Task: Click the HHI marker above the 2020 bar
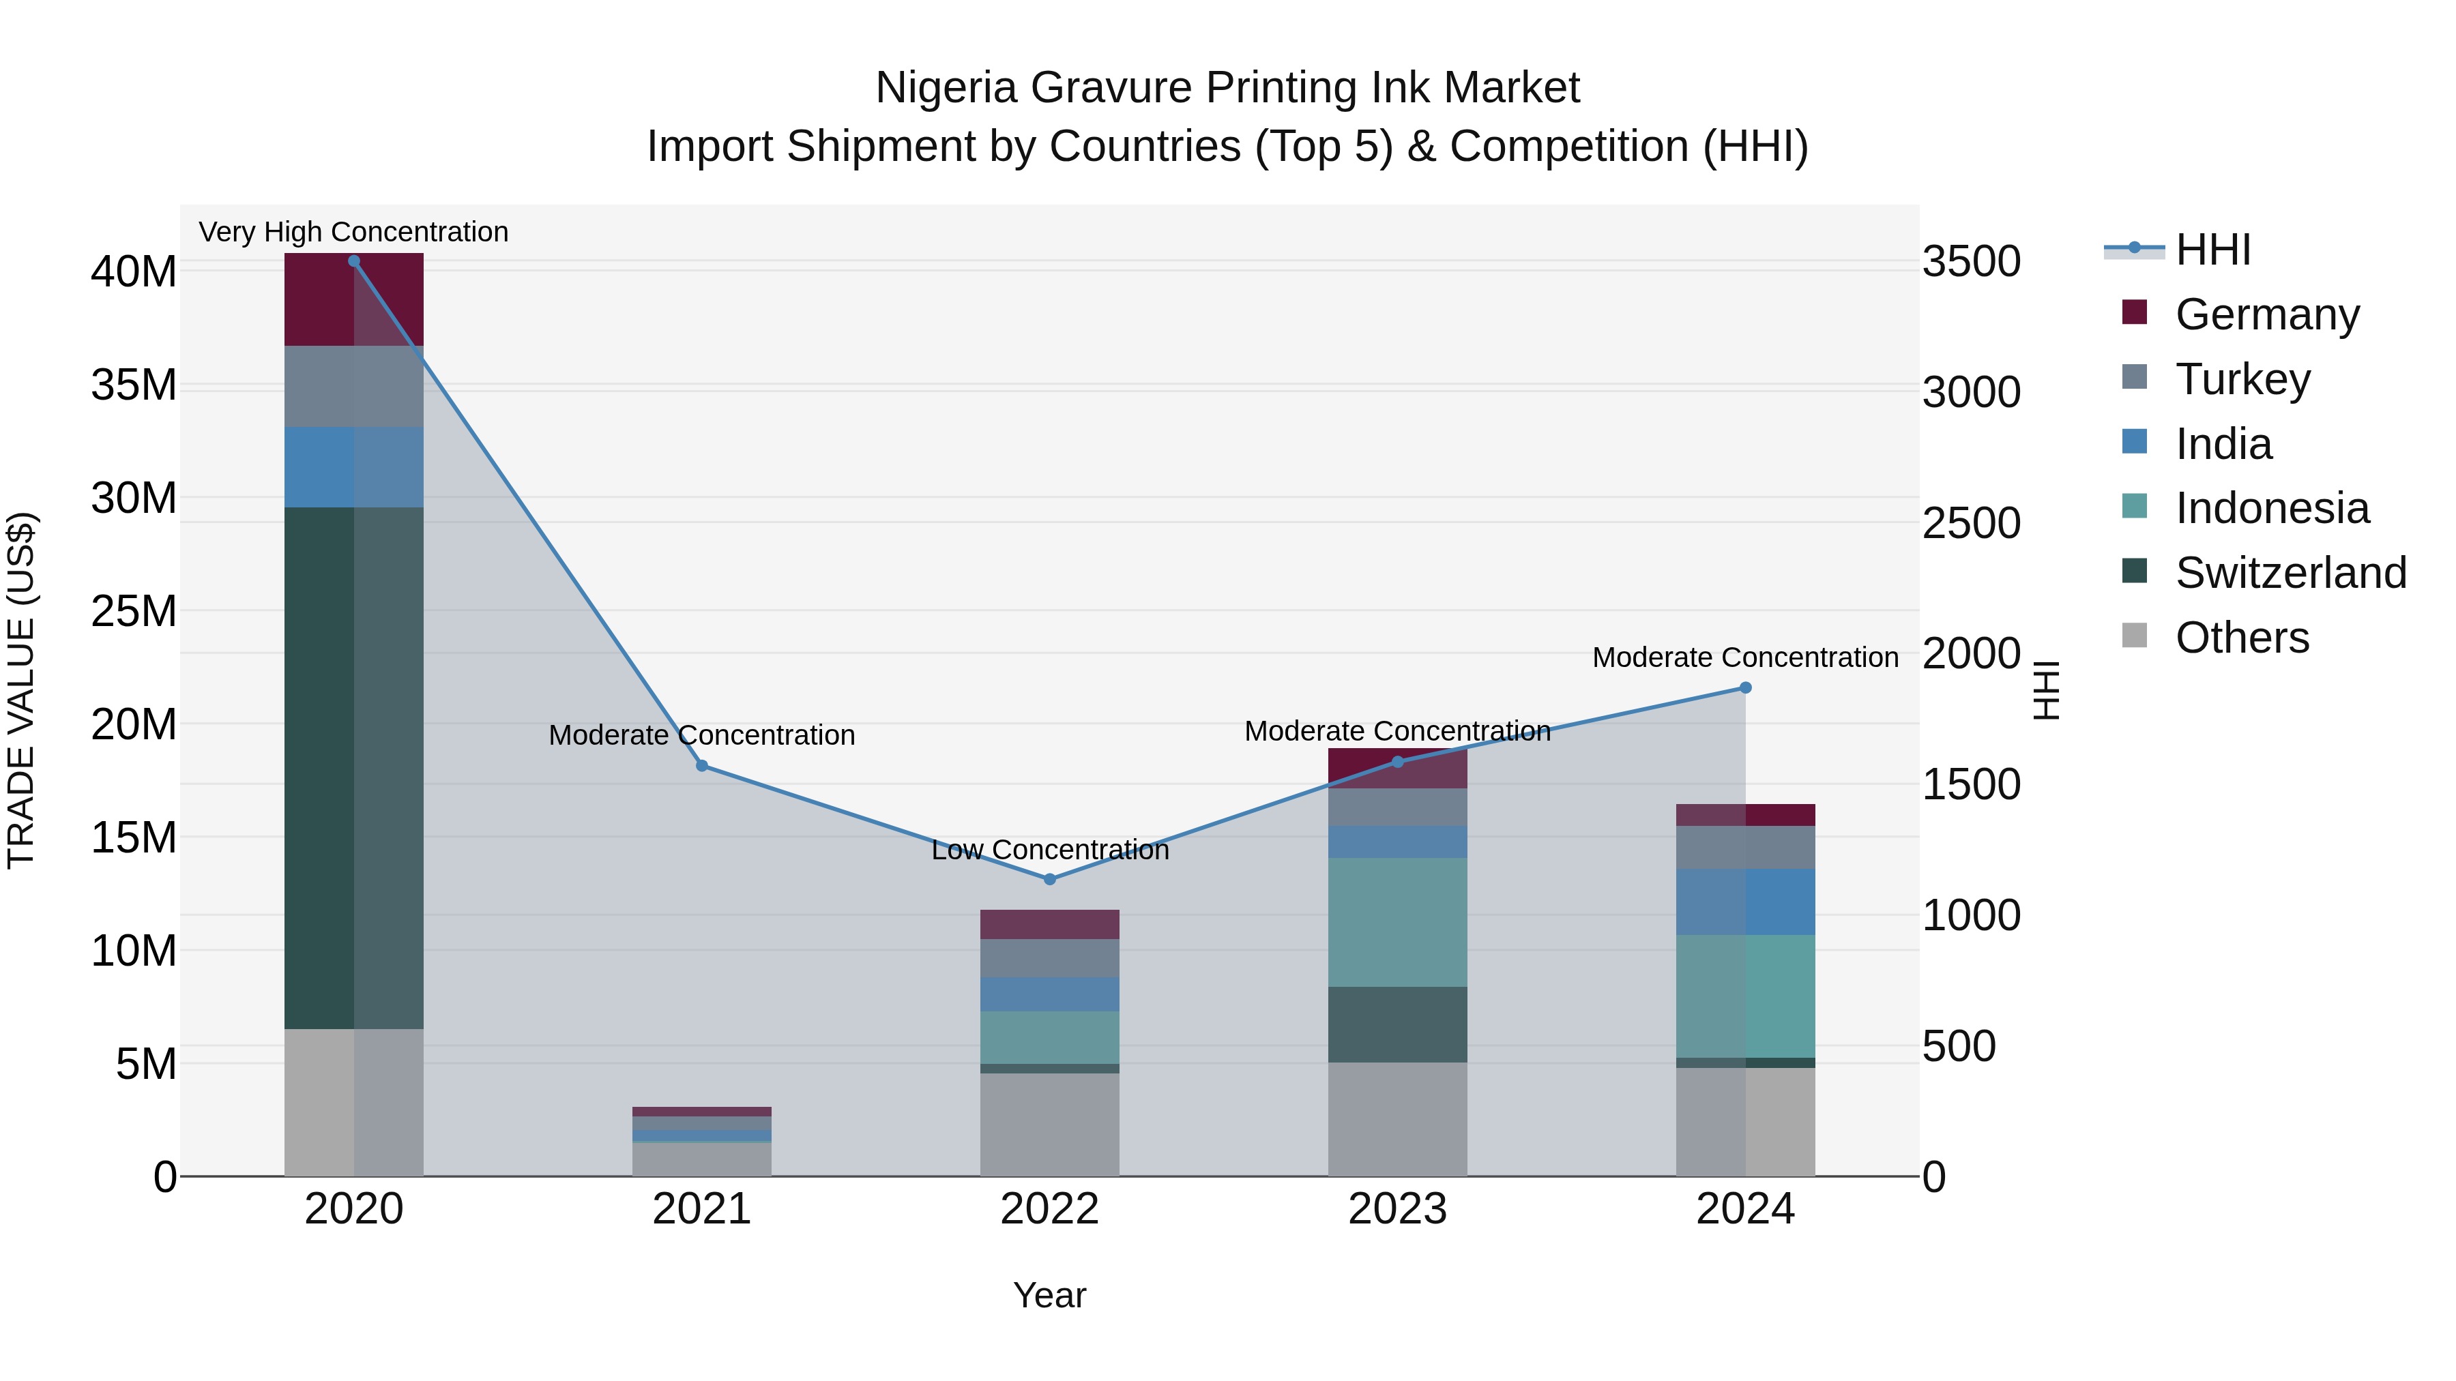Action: pyautogui.click(x=353, y=261)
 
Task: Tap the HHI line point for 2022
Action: pyautogui.click(x=1050, y=880)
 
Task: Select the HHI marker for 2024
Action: pyautogui.click(x=1746, y=688)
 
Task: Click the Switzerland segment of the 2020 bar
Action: pyautogui.click(x=353, y=767)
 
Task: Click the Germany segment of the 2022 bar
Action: pyautogui.click(x=1050, y=925)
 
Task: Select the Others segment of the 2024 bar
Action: pyautogui.click(x=1746, y=1122)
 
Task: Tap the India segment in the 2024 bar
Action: pyautogui.click(x=1746, y=902)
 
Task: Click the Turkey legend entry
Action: pyautogui.click(x=2242, y=379)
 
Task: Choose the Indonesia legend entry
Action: pyautogui.click(x=2271, y=508)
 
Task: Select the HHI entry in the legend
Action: pyautogui.click(x=2212, y=250)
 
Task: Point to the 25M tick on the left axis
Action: pyautogui.click(x=134, y=611)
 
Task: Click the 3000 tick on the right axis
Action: pyautogui.click(x=1971, y=391)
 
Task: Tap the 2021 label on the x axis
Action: pyautogui.click(x=702, y=1209)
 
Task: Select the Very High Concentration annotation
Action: pyautogui.click(x=353, y=232)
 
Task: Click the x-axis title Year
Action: pyautogui.click(x=1050, y=1295)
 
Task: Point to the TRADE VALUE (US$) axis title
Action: pyautogui.click(x=21, y=690)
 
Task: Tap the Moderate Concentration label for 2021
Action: pyautogui.click(x=702, y=734)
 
